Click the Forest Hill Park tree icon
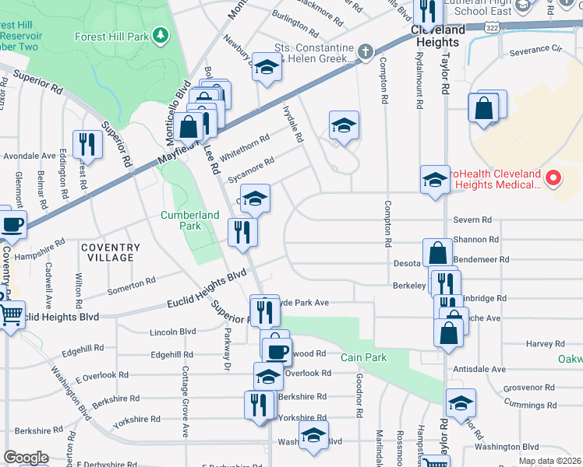(160, 36)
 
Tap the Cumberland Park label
(181, 220)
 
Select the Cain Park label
(359, 357)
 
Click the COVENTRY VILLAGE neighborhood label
(111, 252)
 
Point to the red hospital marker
(553, 178)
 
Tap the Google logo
(26, 458)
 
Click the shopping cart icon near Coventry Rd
(10, 314)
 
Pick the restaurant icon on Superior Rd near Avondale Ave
(87, 143)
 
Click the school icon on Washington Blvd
(313, 437)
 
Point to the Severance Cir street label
(535, 52)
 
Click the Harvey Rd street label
(544, 343)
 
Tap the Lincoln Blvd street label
(178, 332)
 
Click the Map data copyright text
(549, 461)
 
